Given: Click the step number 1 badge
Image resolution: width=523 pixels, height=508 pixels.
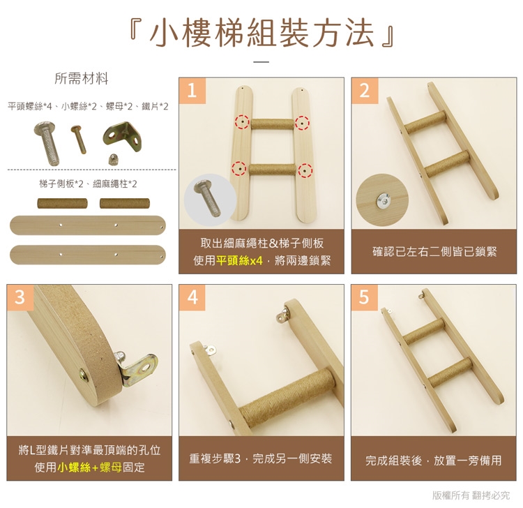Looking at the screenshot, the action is click(x=192, y=91).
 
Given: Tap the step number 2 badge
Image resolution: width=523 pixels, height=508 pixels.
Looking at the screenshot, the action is click(x=365, y=91).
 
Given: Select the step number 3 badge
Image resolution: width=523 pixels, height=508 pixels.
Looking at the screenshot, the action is click(x=20, y=297).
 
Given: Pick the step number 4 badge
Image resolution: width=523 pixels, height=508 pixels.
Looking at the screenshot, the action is click(x=192, y=297).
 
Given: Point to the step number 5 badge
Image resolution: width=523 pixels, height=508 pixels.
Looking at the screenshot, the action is click(x=365, y=297).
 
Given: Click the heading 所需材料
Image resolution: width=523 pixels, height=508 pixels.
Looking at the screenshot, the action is click(x=82, y=79).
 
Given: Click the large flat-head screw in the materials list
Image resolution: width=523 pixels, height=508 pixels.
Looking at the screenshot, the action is click(x=47, y=143).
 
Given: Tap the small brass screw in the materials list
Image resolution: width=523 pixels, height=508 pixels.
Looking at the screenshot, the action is click(x=79, y=139).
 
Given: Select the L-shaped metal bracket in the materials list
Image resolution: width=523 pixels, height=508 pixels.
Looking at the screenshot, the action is click(x=122, y=136).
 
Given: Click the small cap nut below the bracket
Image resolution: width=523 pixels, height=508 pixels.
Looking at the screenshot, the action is click(x=112, y=160).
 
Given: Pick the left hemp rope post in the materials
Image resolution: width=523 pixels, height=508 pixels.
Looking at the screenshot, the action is click(x=62, y=203).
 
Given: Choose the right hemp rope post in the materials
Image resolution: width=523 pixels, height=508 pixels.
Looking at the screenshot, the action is click(x=125, y=203).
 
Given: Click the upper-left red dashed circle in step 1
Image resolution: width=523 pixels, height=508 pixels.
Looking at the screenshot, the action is click(x=242, y=122).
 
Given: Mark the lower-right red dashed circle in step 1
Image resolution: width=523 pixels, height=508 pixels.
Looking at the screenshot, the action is click(x=305, y=170).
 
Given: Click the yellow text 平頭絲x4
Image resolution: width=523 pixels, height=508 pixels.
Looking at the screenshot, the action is click(x=239, y=260).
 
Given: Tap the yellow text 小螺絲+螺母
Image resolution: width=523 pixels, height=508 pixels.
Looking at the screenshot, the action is click(x=90, y=467).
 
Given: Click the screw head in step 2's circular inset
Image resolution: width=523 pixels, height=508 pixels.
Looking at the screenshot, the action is click(x=384, y=200).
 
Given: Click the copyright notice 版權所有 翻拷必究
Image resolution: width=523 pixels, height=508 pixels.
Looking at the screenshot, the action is click(x=471, y=495).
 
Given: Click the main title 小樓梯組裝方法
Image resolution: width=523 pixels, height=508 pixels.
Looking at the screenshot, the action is click(x=262, y=33).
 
